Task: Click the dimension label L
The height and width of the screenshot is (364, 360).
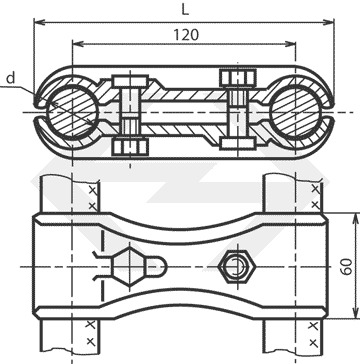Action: tap(185, 10)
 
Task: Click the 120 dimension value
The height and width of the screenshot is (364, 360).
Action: tap(186, 34)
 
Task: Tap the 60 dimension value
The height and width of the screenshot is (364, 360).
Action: tap(348, 266)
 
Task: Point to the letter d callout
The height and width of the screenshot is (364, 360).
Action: tap(11, 78)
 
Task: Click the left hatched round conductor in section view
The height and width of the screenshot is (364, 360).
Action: tap(73, 112)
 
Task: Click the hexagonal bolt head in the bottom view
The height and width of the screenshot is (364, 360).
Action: tap(129, 267)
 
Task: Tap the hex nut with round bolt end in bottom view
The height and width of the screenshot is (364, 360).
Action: tap(237, 266)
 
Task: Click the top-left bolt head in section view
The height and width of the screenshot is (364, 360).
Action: tap(130, 81)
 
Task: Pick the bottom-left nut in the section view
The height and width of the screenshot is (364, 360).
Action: tap(130, 147)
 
